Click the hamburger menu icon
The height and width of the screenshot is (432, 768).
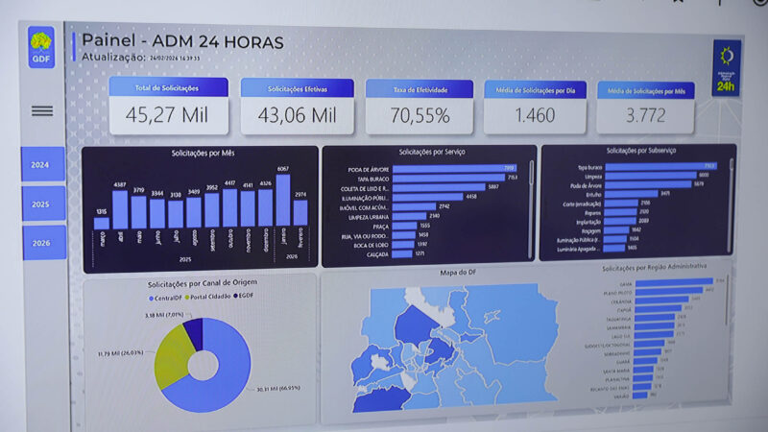42,111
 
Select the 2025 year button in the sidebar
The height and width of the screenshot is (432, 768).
41,204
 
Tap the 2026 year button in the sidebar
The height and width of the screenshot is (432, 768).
42,242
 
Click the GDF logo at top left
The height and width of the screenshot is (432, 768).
42,46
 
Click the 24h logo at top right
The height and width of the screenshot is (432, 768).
727,68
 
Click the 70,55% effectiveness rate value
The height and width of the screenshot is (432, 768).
420,116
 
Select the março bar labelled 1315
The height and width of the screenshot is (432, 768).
101,223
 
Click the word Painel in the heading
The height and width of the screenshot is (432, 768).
107,41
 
